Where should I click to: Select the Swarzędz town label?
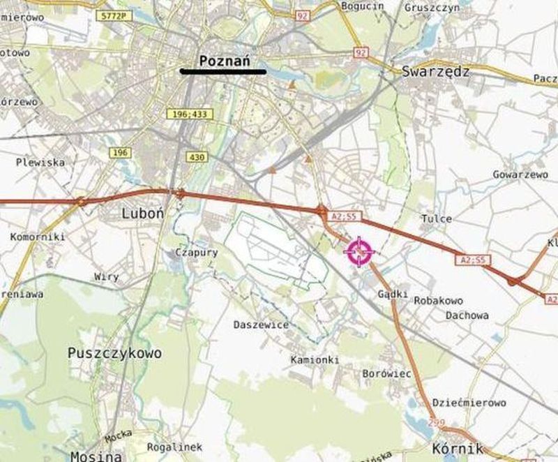437,71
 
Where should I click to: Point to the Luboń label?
142,213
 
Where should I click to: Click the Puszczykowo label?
115,353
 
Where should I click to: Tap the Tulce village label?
437,218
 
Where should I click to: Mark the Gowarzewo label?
520,174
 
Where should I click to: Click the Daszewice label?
261,325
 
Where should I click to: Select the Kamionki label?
315,359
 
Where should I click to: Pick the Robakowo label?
439,300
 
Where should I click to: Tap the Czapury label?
197,253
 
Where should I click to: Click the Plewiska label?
42,162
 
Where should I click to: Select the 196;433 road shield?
188,114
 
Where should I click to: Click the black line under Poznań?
223,71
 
